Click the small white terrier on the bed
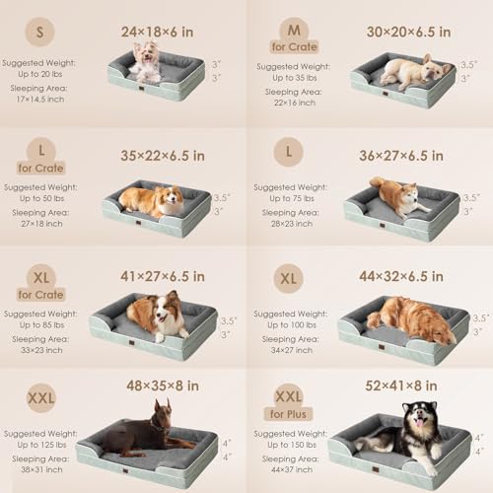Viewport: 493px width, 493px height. (x=147, y=62)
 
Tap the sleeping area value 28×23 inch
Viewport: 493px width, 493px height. (x=288, y=225)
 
